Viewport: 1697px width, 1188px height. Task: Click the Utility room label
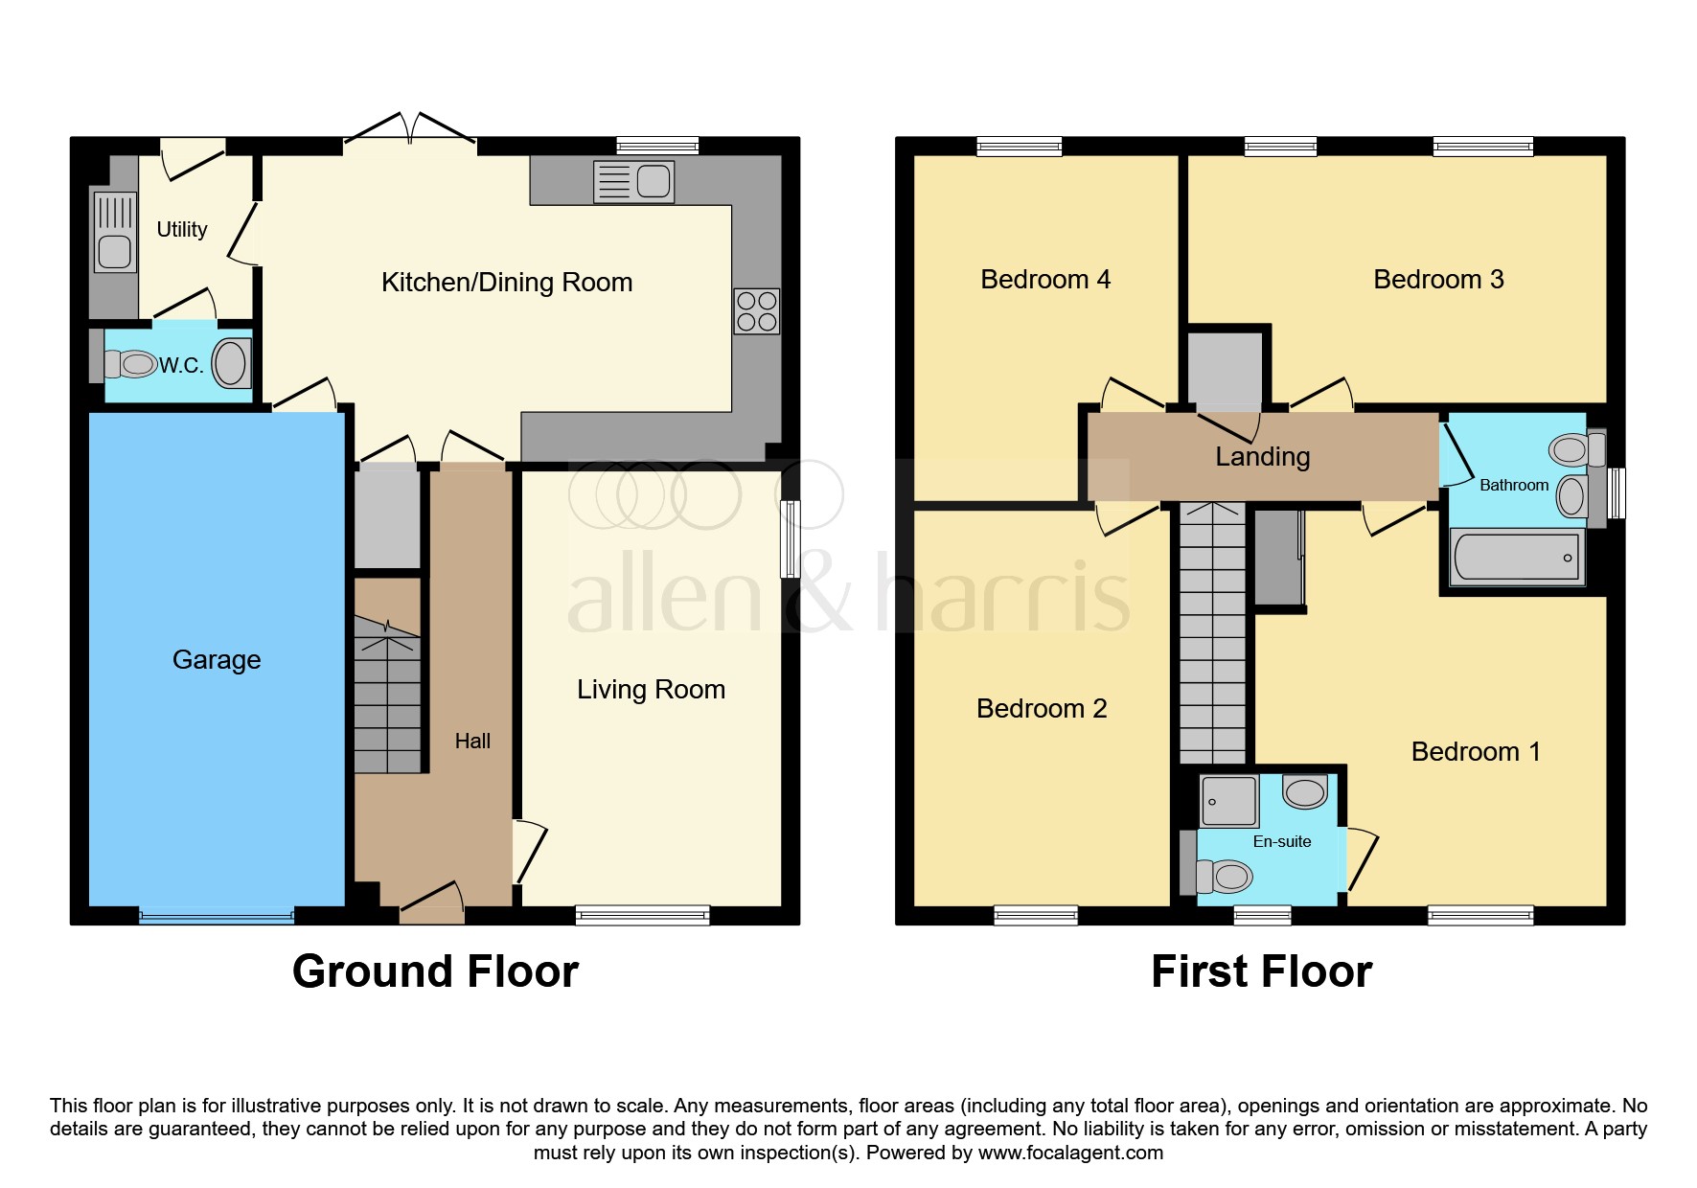tap(181, 230)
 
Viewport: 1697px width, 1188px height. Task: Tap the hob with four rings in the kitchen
tap(756, 311)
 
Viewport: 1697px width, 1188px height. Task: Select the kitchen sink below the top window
tap(633, 181)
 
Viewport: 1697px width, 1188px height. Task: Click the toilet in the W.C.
tap(130, 364)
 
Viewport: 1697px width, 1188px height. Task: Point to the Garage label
tap(217, 660)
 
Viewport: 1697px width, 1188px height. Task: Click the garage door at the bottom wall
tap(217, 915)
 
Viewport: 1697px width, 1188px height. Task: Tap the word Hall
tap(472, 742)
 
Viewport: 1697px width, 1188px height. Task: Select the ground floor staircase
tap(387, 695)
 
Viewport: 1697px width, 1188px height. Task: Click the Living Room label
tap(651, 690)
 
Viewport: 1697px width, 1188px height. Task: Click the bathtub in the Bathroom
tap(1517, 558)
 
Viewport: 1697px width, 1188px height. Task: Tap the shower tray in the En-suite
tap(1228, 800)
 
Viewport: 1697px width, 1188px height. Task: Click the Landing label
tap(1262, 457)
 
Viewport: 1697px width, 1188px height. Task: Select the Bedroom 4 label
tap(1045, 280)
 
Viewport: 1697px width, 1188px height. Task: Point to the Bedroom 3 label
tap(1438, 280)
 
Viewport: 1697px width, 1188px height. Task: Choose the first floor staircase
tap(1212, 632)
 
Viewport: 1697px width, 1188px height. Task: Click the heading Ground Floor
tap(435, 971)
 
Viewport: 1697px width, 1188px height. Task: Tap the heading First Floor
tap(1261, 971)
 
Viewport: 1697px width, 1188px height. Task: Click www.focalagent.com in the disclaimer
tap(1070, 1153)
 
